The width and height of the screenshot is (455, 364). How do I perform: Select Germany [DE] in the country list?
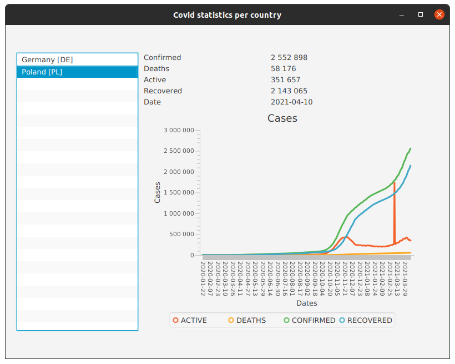[47, 59]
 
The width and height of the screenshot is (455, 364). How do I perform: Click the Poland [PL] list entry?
[42, 72]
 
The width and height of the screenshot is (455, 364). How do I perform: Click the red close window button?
[439, 15]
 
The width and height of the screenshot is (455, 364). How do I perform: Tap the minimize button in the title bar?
[402, 15]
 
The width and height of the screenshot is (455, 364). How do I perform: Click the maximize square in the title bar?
[421, 15]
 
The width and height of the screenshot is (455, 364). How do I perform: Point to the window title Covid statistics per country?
[227, 15]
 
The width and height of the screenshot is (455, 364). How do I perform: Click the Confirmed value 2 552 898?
[289, 57]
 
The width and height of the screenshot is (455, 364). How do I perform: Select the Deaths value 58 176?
[283, 68]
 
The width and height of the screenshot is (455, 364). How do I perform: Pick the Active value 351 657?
[285, 79]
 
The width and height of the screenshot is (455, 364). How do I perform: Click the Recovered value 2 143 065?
[289, 91]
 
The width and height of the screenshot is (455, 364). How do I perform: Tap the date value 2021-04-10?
[291, 102]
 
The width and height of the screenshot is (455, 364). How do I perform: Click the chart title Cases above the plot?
[282, 118]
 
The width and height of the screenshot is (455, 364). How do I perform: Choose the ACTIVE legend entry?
[190, 320]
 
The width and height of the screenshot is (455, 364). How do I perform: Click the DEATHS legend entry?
[247, 320]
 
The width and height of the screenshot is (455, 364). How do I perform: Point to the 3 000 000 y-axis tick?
[179, 130]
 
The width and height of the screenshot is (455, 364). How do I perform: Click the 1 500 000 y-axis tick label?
[179, 192]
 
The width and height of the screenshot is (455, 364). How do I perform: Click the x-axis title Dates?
[306, 303]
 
